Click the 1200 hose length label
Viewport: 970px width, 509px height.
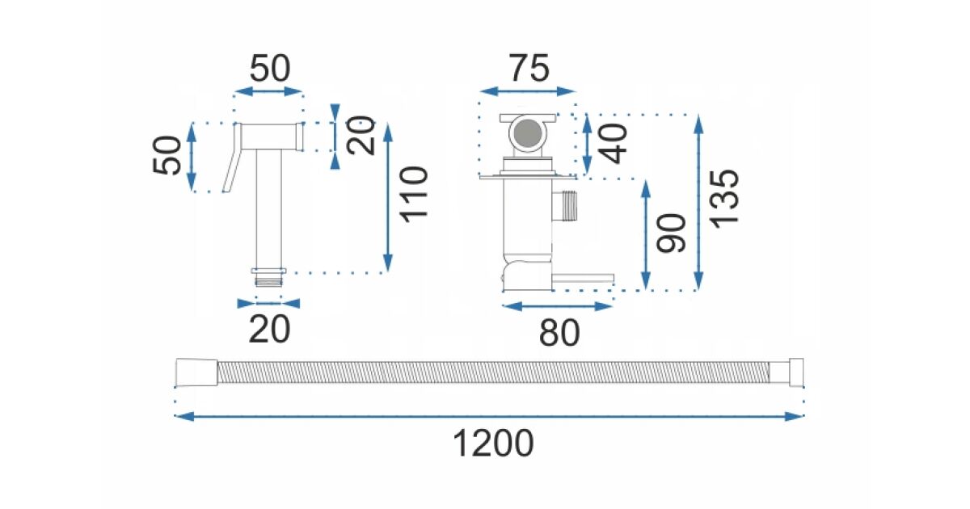(493, 444)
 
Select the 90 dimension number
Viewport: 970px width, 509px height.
(671, 233)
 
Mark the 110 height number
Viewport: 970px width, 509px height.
(414, 194)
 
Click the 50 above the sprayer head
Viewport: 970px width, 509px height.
(269, 69)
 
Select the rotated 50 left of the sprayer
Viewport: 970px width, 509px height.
(168, 156)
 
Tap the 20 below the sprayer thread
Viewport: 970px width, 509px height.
(269, 329)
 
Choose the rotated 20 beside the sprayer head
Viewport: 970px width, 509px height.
(361, 136)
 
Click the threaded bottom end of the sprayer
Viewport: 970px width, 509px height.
(269, 280)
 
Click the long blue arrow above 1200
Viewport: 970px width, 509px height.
(489, 416)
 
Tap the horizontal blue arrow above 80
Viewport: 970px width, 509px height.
(557, 306)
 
